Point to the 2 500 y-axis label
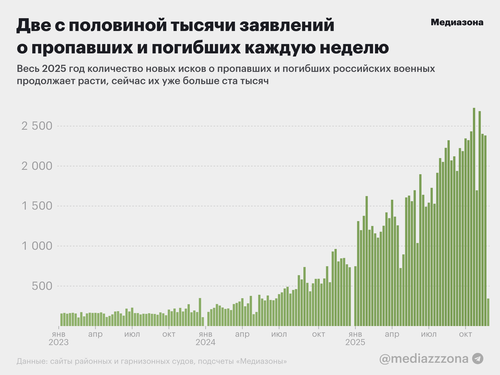[x=37, y=126]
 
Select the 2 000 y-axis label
[x=37, y=166]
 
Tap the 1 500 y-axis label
[x=37, y=206]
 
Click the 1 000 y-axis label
[x=37, y=246]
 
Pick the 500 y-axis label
[x=42, y=286]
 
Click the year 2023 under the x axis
[x=59, y=342]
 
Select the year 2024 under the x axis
[x=205, y=342]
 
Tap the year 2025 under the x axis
[x=355, y=342]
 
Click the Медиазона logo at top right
[x=457, y=22]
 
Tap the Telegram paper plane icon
[x=478, y=359]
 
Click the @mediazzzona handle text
[x=424, y=359]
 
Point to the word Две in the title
[x=34, y=25]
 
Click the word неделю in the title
[x=354, y=48]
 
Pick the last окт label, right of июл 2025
[x=465, y=334]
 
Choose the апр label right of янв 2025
[x=392, y=334]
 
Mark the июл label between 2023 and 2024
[x=132, y=334]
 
